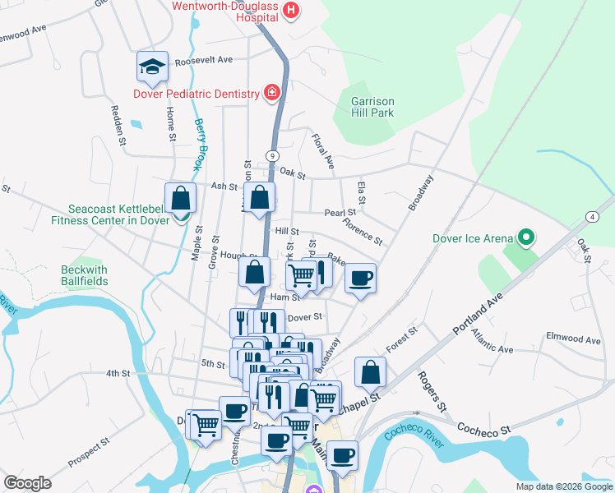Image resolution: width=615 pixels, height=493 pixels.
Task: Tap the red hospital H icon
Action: [289, 11]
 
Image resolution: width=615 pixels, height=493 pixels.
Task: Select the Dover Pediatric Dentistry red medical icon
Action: [271, 94]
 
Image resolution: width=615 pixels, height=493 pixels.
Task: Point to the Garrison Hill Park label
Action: [372, 107]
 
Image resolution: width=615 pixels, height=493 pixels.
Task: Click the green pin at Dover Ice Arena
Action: [527, 239]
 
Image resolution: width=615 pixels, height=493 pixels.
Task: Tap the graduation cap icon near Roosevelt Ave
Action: [153, 67]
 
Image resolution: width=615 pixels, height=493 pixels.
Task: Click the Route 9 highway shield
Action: [270, 155]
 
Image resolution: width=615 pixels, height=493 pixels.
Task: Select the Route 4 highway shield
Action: [591, 216]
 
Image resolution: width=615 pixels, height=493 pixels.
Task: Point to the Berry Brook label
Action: [199, 145]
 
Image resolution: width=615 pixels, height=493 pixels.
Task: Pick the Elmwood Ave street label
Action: [574, 338]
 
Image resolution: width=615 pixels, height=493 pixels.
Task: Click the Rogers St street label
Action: [432, 391]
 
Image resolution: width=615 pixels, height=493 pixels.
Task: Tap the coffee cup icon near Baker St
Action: [359, 278]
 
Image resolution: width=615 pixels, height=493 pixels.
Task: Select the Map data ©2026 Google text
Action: [563, 486]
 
